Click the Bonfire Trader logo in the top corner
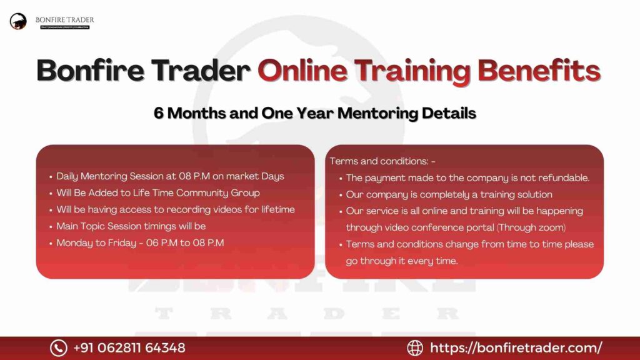tap(19, 22)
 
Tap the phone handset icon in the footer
tap(58, 347)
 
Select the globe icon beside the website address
tap(415, 347)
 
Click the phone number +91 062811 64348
tap(129, 347)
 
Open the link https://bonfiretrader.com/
tap(516, 347)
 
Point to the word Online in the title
tap(299, 70)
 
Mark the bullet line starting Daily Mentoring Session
tap(170, 176)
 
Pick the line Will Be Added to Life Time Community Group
tap(157, 192)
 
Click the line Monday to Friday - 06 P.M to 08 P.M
tap(140, 242)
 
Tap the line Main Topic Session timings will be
tap(131, 226)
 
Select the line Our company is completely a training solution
tap(449, 194)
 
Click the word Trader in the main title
tap(200, 70)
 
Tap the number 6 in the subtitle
tap(159, 113)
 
